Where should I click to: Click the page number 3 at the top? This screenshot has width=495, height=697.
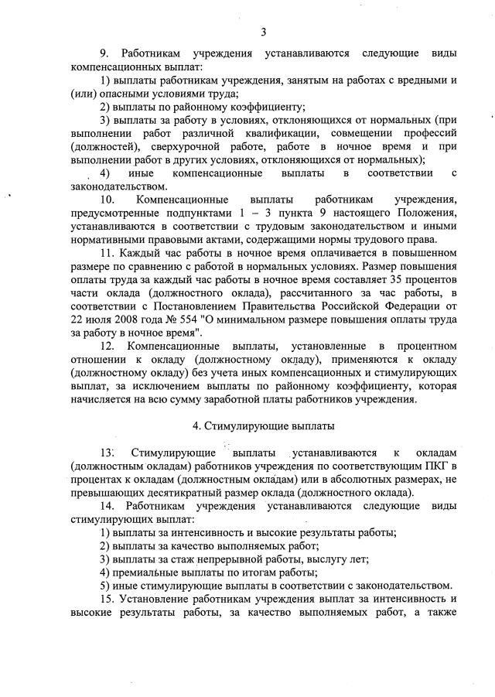pyautogui.click(x=264, y=32)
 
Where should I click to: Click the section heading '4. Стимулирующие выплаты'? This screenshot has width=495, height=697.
pyautogui.click(x=263, y=425)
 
